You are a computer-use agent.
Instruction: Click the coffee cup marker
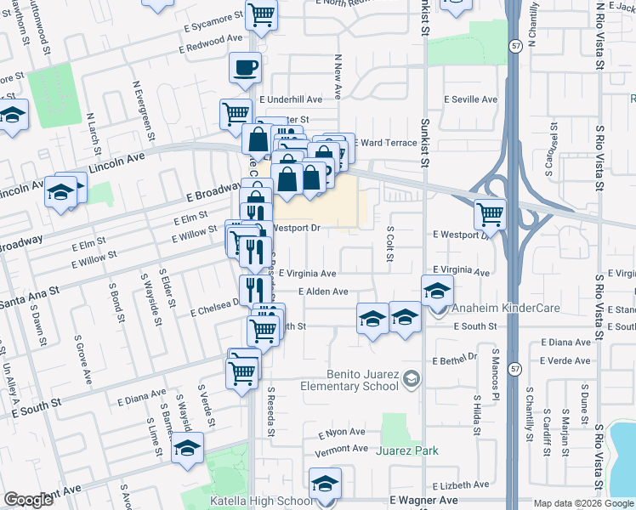(245, 69)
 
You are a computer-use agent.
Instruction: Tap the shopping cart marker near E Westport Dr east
(490, 215)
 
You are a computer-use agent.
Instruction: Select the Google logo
(29, 500)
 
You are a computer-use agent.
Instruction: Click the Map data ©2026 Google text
(583, 503)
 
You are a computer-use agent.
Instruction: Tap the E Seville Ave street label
(471, 99)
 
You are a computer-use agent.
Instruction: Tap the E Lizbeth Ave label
(460, 484)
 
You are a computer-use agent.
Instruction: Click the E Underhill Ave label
(292, 99)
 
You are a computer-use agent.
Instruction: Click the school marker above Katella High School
(324, 485)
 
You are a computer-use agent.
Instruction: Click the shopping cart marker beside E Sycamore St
(261, 14)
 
